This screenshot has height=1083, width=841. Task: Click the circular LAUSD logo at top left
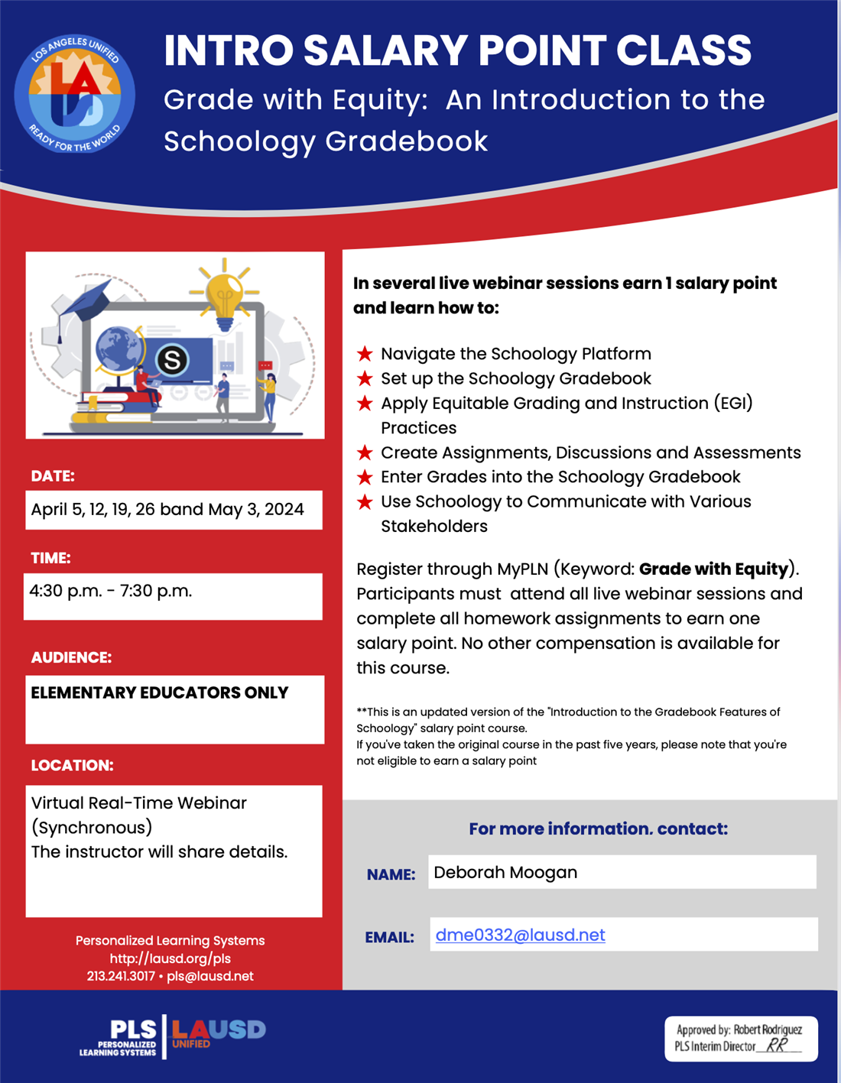[x=74, y=94]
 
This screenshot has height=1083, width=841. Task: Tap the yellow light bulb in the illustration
[x=224, y=294]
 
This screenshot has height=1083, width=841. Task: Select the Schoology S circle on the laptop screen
[x=172, y=359]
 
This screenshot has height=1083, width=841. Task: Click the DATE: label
[x=53, y=476]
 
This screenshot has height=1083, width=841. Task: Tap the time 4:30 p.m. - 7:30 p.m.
[x=111, y=591]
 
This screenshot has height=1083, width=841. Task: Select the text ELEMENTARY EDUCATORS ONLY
[x=160, y=692]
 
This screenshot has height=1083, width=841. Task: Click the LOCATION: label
[x=72, y=765]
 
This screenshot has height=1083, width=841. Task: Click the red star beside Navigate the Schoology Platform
[x=365, y=354]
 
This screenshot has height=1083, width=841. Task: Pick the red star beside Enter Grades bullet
[x=365, y=477]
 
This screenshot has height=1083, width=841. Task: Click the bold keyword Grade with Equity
[x=713, y=569]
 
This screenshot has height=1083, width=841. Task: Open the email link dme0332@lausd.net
[x=520, y=935]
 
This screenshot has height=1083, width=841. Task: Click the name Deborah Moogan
[x=505, y=872]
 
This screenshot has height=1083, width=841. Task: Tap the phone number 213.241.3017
[x=121, y=976]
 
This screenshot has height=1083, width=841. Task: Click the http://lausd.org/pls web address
[x=170, y=958]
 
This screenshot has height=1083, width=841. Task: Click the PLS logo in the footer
[x=120, y=1037]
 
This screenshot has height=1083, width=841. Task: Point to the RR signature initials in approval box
[x=777, y=1045]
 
